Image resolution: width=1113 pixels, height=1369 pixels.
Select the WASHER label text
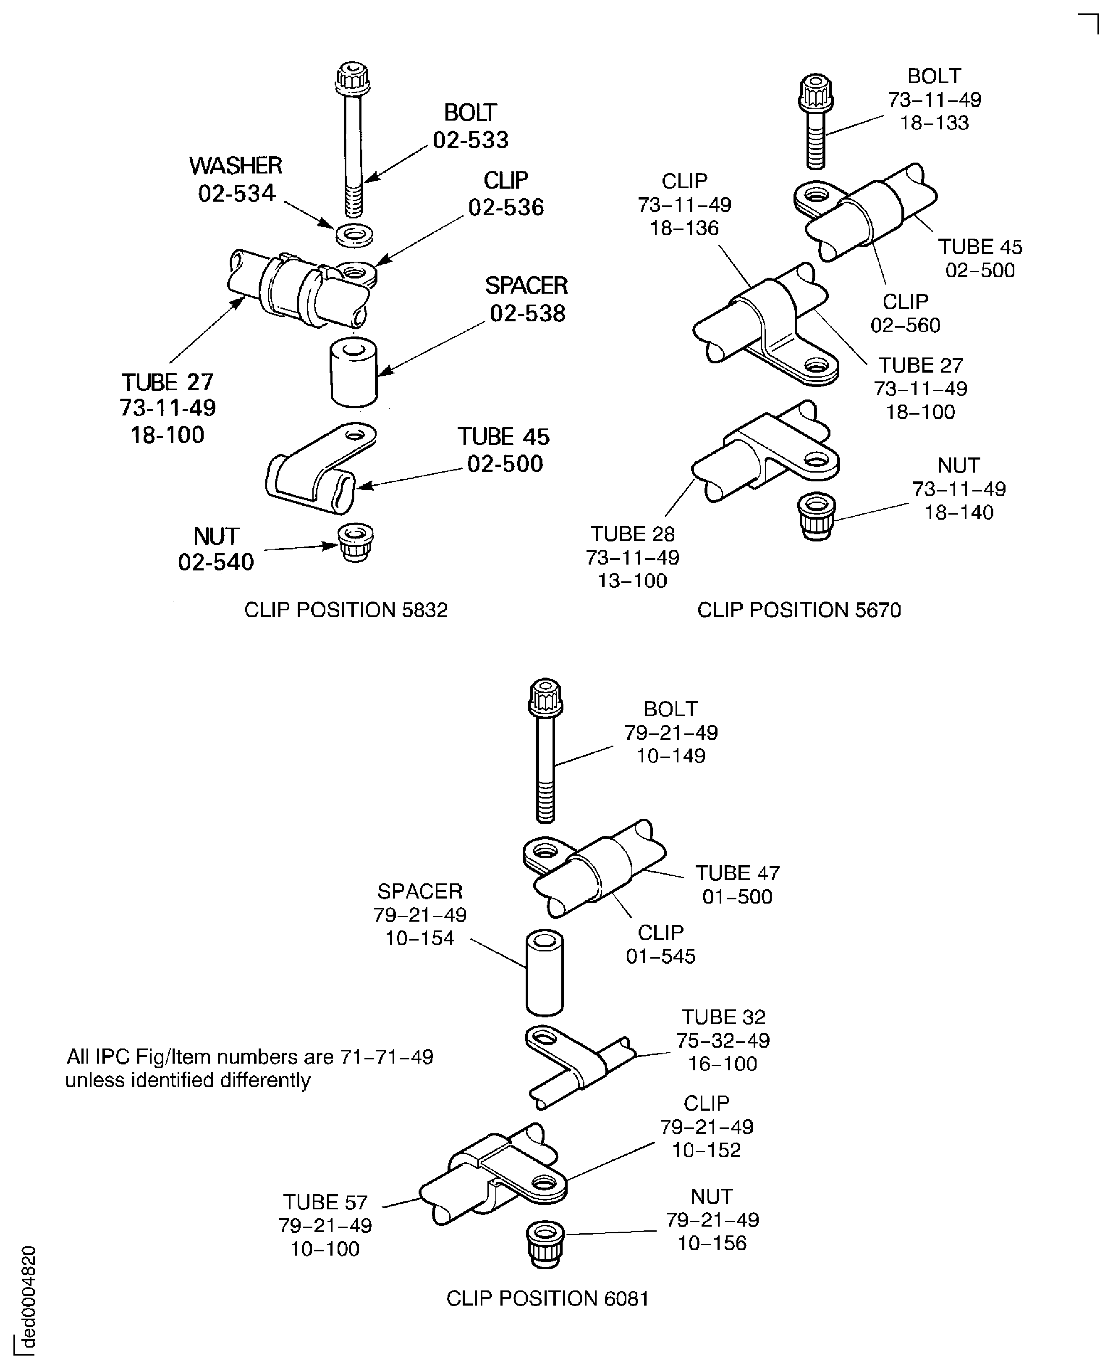(x=235, y=166)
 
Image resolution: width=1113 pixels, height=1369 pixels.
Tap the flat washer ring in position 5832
(x=354, y=235)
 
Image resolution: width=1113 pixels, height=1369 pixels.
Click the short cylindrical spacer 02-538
(x=353, y=373)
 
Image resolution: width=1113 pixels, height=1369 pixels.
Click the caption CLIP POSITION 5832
(x=346, y=610)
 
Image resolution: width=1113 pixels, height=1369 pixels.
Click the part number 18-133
(x=934, y=123)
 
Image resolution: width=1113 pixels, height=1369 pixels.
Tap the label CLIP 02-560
(x=905, y=313)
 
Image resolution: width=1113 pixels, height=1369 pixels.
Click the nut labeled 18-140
(x=816, y=516)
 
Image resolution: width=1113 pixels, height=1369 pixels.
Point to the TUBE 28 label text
(x=632, y=534)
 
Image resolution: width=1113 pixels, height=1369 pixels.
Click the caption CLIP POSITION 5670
(x=799, y=610)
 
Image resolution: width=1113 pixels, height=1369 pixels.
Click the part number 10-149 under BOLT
(x=670, y=756)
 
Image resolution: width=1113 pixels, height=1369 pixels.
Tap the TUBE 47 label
(x=737, y=873)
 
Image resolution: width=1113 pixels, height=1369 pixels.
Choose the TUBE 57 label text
(x=325, y=1202)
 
